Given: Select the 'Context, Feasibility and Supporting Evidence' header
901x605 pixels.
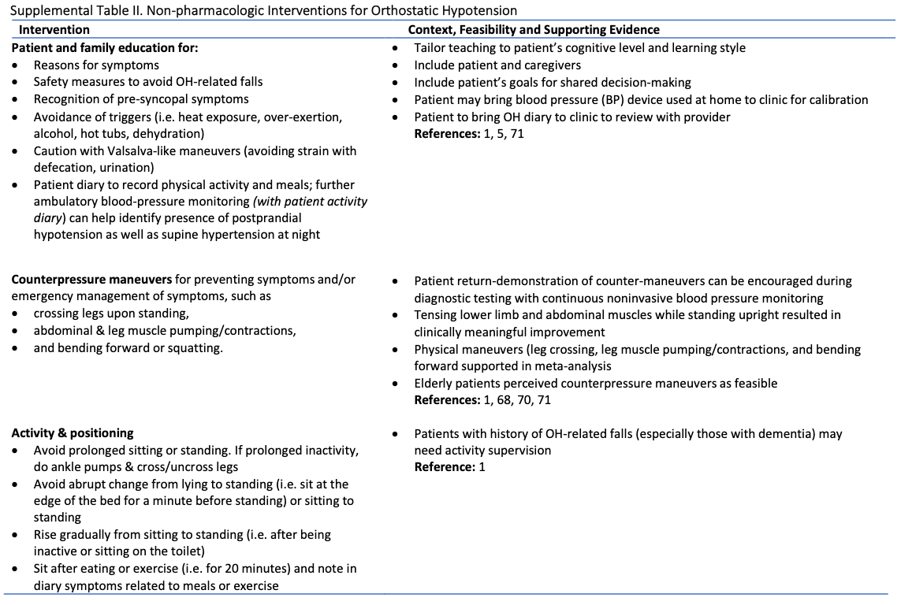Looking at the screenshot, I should pos(534,30).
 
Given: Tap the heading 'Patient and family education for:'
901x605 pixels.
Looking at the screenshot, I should pos(105,47).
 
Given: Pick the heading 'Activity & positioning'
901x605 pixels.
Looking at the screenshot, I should pos(73,432).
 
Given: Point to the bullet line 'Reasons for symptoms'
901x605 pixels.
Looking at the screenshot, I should pos(96,65).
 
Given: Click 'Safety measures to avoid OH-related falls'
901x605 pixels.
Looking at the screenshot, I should pos(148,82).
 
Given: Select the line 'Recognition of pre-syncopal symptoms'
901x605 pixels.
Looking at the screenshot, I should pos(141,99).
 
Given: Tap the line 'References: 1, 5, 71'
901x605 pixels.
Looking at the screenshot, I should pos(469,134).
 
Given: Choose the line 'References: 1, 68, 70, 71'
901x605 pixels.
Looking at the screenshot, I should pos(482,400).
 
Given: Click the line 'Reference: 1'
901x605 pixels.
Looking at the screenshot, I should pos(450,467).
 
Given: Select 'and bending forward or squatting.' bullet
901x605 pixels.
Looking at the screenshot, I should pos(128,347).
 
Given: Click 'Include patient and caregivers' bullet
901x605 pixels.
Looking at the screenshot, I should pos(497,65).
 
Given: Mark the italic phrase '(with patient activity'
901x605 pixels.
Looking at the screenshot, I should pos(310,202).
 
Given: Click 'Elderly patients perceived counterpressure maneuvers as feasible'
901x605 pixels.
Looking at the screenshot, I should pos(595,383).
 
